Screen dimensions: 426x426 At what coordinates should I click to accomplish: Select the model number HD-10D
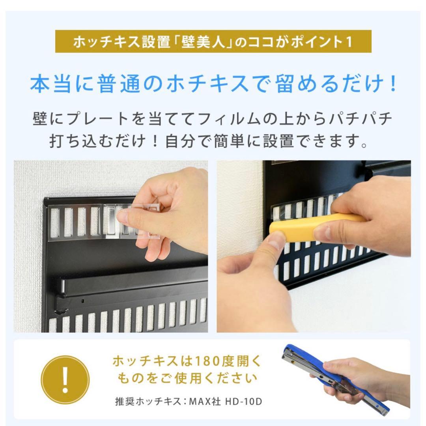click(244, 402)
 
